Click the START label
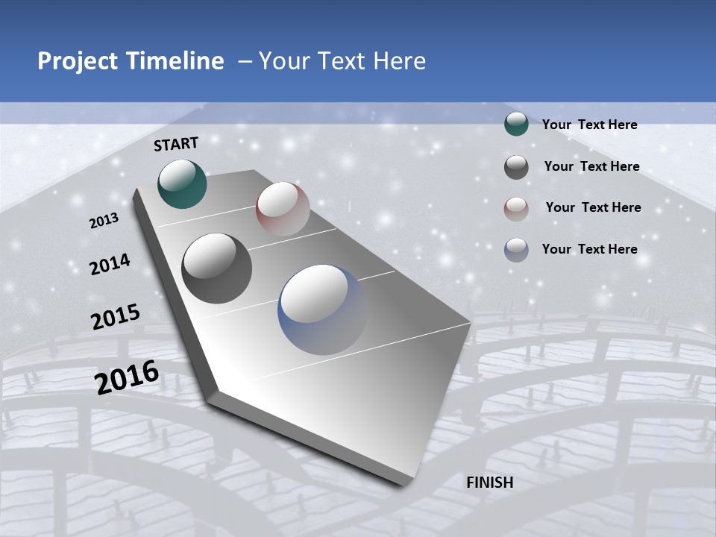[x=176, y=144]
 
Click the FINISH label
[x=490, y=483]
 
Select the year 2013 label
[x=104, y=221]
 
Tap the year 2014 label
[x=110, y=264]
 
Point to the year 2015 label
[x=116, y=317]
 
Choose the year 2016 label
[x=127, y=377]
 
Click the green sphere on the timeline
[x=182, y=183]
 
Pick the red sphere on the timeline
[x=283, y=209]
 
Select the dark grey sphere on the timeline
[x=217, y=268]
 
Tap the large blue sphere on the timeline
[x=323, y=310]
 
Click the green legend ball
[x=516, y=125]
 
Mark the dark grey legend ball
[x=516, y=167]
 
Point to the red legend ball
[x=516, y=209]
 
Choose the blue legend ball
[x=516, y=250]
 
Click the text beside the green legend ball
[x=590, y=125]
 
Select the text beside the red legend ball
[x=593, y=207]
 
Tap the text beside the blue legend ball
[x=590, y=249]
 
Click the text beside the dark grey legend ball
[x=592, y=166]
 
